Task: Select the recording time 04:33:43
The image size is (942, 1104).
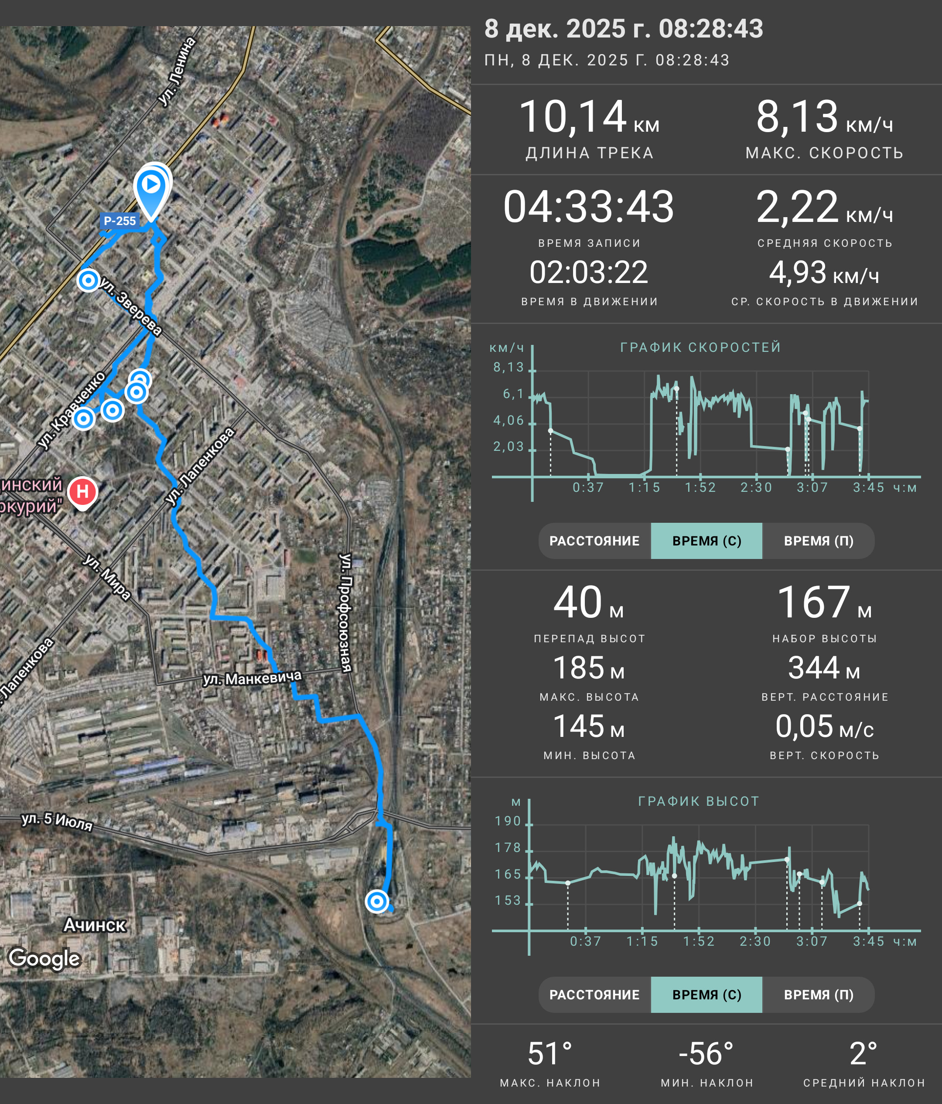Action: (589, 207)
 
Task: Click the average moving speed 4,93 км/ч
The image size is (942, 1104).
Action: (824, 273)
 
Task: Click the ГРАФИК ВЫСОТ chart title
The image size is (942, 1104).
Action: (699, 801)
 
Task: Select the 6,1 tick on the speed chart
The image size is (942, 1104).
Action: (514, 394)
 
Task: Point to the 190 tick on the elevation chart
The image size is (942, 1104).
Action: (508, 821)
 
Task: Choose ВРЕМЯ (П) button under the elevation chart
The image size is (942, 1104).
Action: (819, 995)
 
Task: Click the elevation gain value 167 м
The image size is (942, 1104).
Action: (824, 603)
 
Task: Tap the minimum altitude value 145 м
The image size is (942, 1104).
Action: (589, 726)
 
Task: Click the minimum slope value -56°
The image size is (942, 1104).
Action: (706, 1053)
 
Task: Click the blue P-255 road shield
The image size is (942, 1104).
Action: (120, 221)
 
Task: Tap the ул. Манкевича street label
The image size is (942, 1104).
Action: (252, 678)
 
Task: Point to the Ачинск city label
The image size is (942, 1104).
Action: (95, 925)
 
